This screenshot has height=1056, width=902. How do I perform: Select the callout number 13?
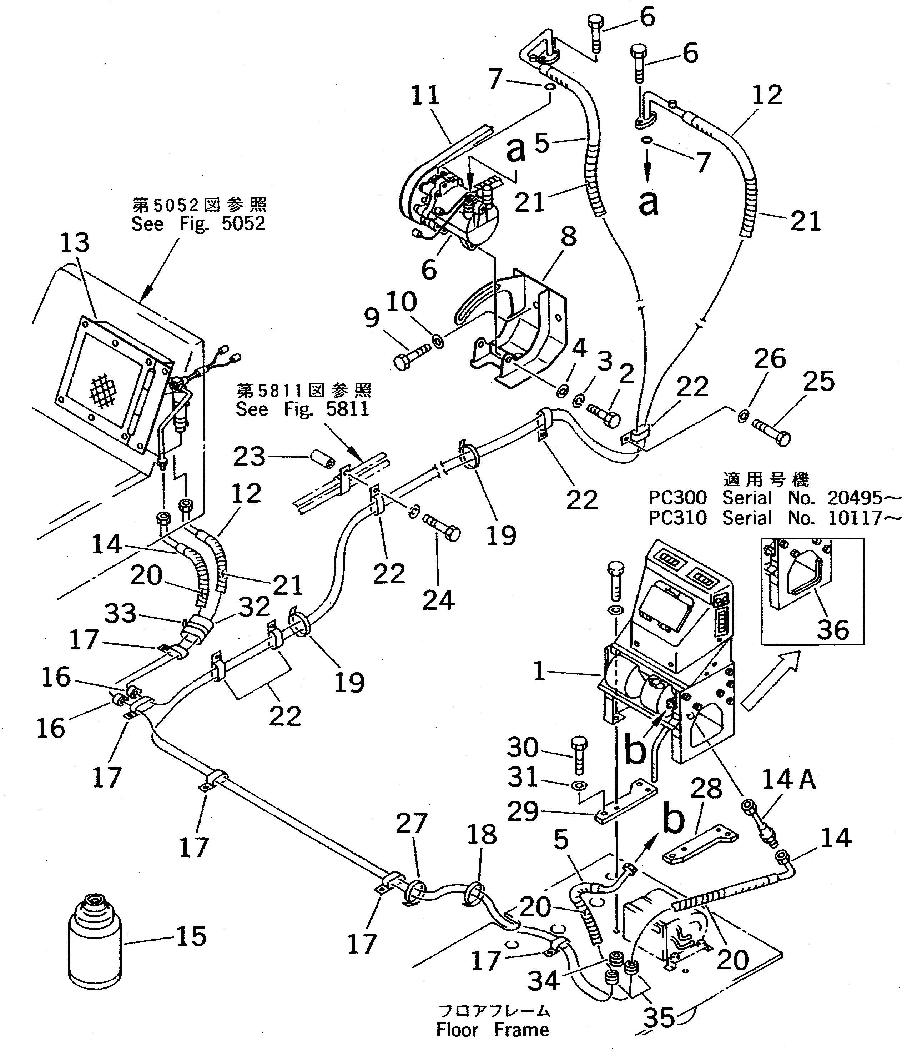click(x=75, y=243)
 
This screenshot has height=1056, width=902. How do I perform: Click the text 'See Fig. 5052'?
click(x=198, y=224)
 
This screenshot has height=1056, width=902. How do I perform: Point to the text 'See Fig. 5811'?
click(x=302, y=409)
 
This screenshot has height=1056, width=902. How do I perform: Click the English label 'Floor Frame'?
click(x=493, y=1030)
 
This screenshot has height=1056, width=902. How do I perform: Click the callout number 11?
click(x=425, y=95)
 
